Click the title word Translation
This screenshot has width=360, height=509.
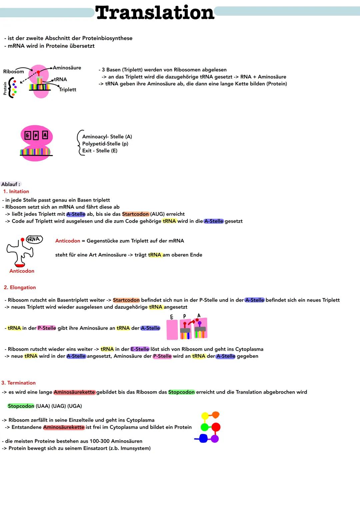coord(154,13)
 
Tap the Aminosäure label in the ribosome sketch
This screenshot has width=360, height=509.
coord(67,68)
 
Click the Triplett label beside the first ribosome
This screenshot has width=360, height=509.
coord(68,89)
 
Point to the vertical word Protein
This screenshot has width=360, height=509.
coord(5,88)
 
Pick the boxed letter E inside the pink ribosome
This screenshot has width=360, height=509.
coord(28,135)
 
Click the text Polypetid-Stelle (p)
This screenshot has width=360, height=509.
coord(105,144)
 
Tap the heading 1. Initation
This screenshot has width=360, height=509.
coord(16,191)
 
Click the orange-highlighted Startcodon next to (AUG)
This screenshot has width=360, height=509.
coord(135,214)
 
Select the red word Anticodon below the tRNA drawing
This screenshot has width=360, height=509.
coord(22,271)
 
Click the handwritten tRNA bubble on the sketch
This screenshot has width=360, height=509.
coord(34,239)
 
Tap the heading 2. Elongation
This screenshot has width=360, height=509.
coord(20,287)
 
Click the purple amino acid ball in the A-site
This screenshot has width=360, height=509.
coord(200,323)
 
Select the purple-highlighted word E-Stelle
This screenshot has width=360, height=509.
coord(140,349)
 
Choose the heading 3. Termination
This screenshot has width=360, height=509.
coord(18,383)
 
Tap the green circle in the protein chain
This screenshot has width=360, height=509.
coord(204,427)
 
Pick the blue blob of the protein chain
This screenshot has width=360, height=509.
coord(203,438)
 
